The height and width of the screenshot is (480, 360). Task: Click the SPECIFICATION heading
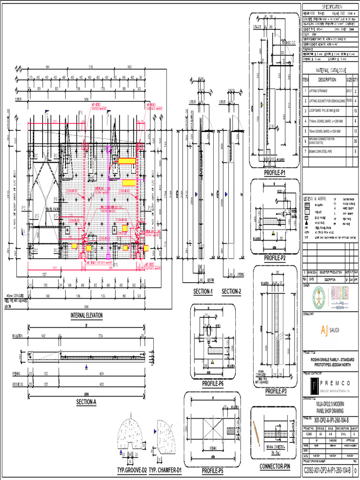pos(331,7)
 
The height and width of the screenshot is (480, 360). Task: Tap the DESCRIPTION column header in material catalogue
pos(327,80)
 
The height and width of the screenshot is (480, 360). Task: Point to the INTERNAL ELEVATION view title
pos(86,315)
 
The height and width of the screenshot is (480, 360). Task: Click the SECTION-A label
pos(86,402)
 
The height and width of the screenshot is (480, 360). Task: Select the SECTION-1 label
pos(203,292)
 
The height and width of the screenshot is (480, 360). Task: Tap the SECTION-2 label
pos(231,292)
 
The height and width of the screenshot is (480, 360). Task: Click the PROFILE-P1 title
pos(275,173)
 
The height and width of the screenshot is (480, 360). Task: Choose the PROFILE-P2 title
pos(275,258)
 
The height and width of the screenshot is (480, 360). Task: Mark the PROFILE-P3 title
pos(276,391)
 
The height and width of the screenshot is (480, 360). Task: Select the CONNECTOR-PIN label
pos(275,466)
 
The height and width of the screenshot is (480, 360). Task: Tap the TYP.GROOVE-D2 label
pos(132,470)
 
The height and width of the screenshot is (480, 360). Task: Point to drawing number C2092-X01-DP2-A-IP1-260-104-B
pos(327,470)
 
